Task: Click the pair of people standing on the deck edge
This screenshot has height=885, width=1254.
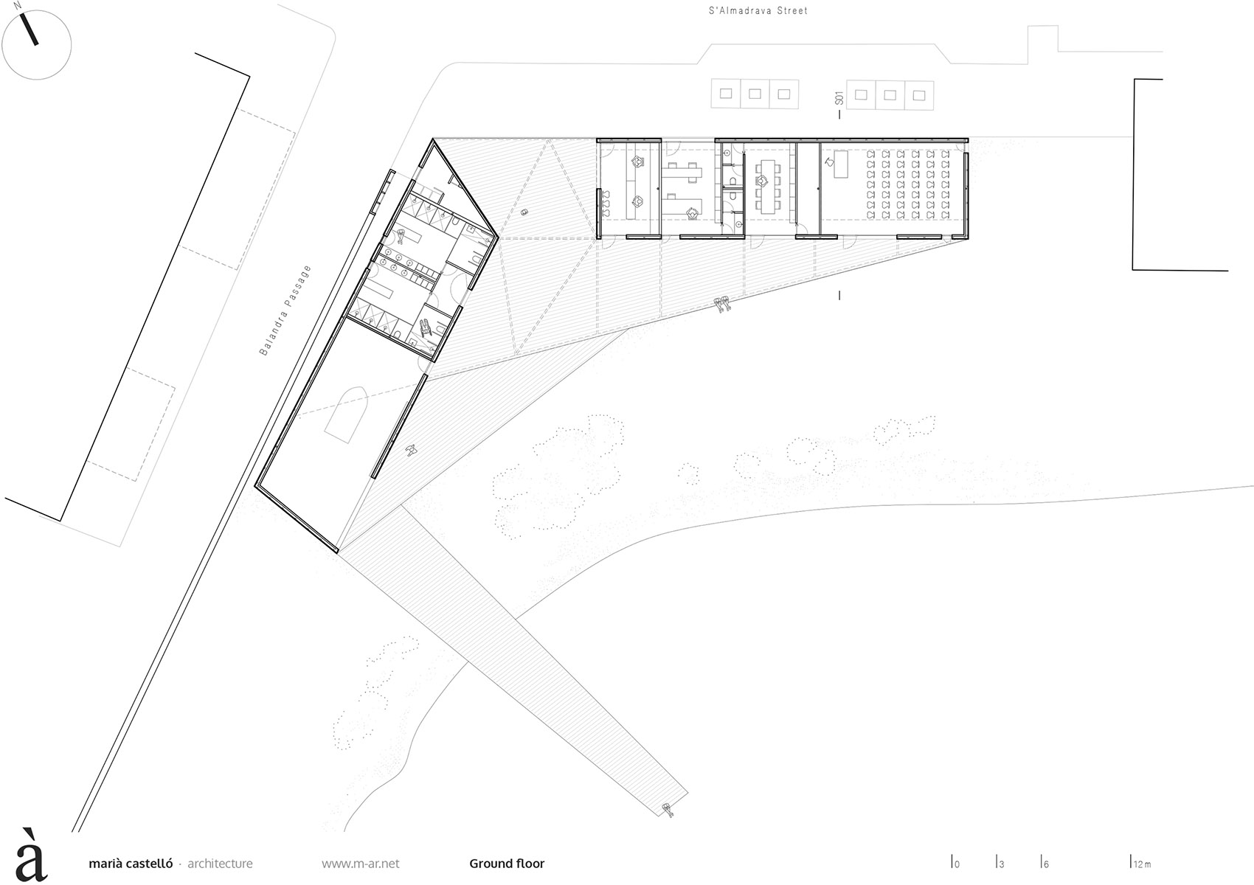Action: tap(722, 302)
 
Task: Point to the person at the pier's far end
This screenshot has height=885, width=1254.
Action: tap(669, 810)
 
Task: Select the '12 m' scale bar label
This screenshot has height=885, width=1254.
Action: tap(1141, 864)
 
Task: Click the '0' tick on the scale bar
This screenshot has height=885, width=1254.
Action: tap(956, 864)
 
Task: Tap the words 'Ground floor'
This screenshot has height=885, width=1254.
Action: tap(507, 864)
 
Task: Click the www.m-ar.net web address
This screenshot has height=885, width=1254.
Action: tap(361, 864)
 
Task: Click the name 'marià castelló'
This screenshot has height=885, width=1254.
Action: tap(131, 864)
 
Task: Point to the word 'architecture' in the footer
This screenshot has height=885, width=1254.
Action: tap(220, 864)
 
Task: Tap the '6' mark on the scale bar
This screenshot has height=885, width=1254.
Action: tap(1045, 864)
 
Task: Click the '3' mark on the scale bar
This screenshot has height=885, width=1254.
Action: tap(1001, 864)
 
